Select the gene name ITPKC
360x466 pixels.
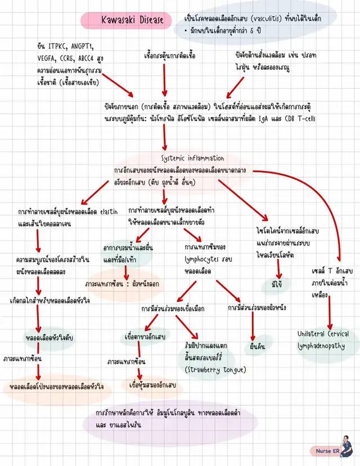pyautogui.click(x=58, y=45)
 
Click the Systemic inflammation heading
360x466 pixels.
pyautogui.click(x=192, y=158)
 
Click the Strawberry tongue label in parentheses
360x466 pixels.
pyautogui.click(x=215, y=369)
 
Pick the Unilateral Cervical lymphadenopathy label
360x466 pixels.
pyautogui.click(x=323, y=340)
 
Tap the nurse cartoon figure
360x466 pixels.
pyautogui.click(x=345, y=444)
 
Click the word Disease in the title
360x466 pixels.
pyautogui.click(x=148, y=21)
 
